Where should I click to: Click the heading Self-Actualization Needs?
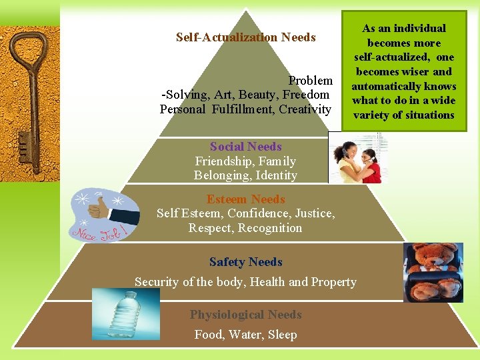(245, 37)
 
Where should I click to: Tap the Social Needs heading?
(245, 147)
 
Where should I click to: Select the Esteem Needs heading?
(245, 199)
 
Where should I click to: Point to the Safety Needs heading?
(245, 262)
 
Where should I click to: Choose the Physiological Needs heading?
(245, 315)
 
